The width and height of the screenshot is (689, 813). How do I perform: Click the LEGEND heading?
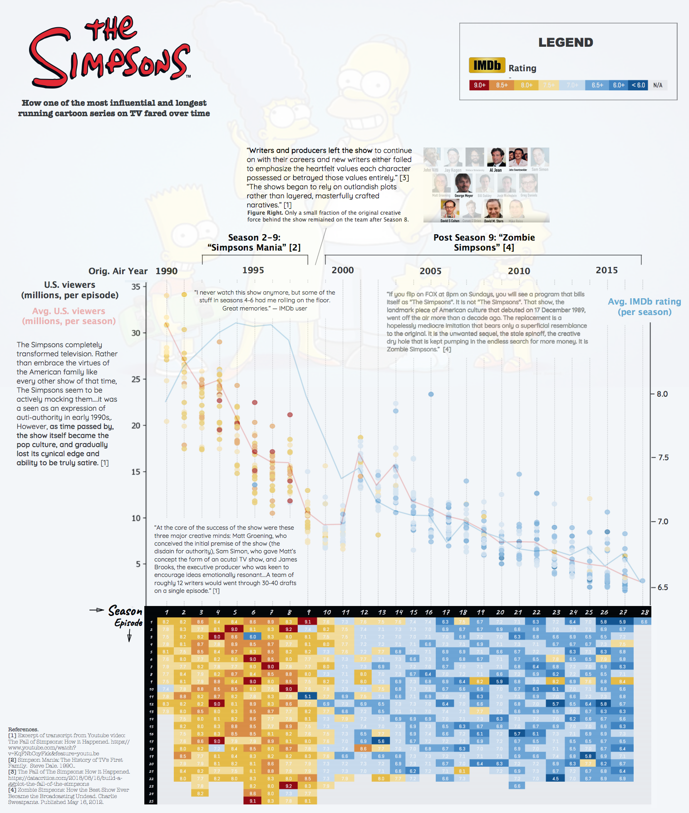566,43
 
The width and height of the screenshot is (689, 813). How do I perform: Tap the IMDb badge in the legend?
487,66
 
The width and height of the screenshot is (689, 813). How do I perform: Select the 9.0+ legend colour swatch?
480,85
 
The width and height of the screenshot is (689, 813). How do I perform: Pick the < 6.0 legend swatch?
638,85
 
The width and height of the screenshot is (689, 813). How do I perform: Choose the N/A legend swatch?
658,85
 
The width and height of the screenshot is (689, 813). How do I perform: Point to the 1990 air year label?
166,271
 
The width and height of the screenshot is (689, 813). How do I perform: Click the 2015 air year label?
606,270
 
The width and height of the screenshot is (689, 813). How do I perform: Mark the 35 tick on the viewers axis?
136,287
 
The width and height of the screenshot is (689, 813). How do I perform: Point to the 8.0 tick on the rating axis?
662,394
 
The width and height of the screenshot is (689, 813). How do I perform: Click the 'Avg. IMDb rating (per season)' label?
644,307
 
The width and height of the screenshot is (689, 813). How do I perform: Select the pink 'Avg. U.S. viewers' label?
69,316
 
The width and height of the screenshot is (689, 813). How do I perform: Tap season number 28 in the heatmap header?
645,612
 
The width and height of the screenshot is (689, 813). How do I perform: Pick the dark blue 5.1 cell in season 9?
308,696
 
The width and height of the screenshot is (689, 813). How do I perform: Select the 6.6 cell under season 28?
644,622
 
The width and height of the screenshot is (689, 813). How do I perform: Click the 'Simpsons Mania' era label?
254,242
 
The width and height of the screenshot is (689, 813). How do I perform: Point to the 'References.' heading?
23,729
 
